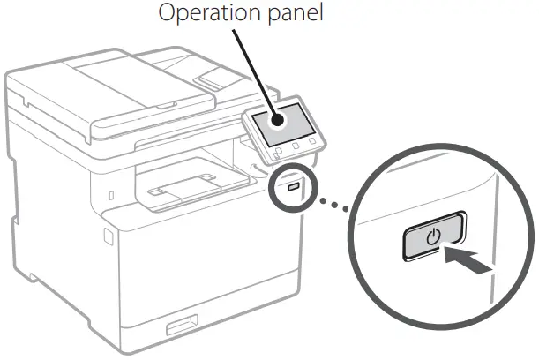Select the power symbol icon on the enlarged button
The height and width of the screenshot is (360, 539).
(432, 236)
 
